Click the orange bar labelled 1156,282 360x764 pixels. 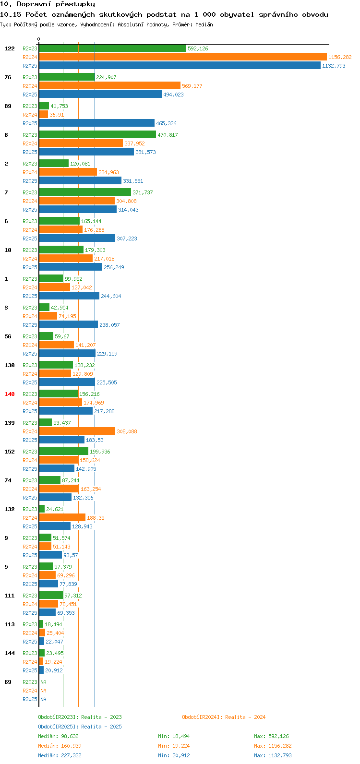click(182, 57)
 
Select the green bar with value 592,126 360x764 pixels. click(112, 48)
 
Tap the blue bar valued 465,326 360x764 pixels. click(96, 123)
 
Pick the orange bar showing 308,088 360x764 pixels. click(77, 431)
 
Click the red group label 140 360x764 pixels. click(10, 394)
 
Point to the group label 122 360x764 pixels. click(10, 48)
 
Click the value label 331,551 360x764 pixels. click(132, 181)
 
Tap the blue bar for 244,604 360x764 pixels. click(69, 296)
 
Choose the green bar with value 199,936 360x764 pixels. click(63, 452)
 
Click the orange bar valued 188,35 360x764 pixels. click(62, 518)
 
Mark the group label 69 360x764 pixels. click(8, 682)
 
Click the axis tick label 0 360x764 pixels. click(39, 39)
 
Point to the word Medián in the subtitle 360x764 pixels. click(204, 24)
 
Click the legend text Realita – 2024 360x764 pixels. click(245, 717)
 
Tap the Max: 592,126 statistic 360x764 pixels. click(271, 736)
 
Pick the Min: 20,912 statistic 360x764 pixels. click(175, 755)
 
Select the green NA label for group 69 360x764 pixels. click(43, 682)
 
